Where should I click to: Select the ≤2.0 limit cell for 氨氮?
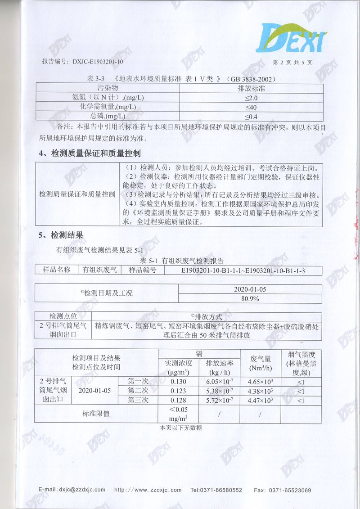click(251, 98)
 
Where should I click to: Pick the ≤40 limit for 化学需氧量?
click(251, 107)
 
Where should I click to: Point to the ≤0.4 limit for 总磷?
click(251, 116)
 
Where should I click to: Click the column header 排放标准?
click(251, 88)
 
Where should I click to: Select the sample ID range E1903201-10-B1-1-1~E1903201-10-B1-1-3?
click(243, 270)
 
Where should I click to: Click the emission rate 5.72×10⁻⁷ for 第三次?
click(219, 400)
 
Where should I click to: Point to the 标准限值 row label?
click(96, 413)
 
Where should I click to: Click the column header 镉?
click(199, 353)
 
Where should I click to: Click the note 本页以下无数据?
click(181, 428)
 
